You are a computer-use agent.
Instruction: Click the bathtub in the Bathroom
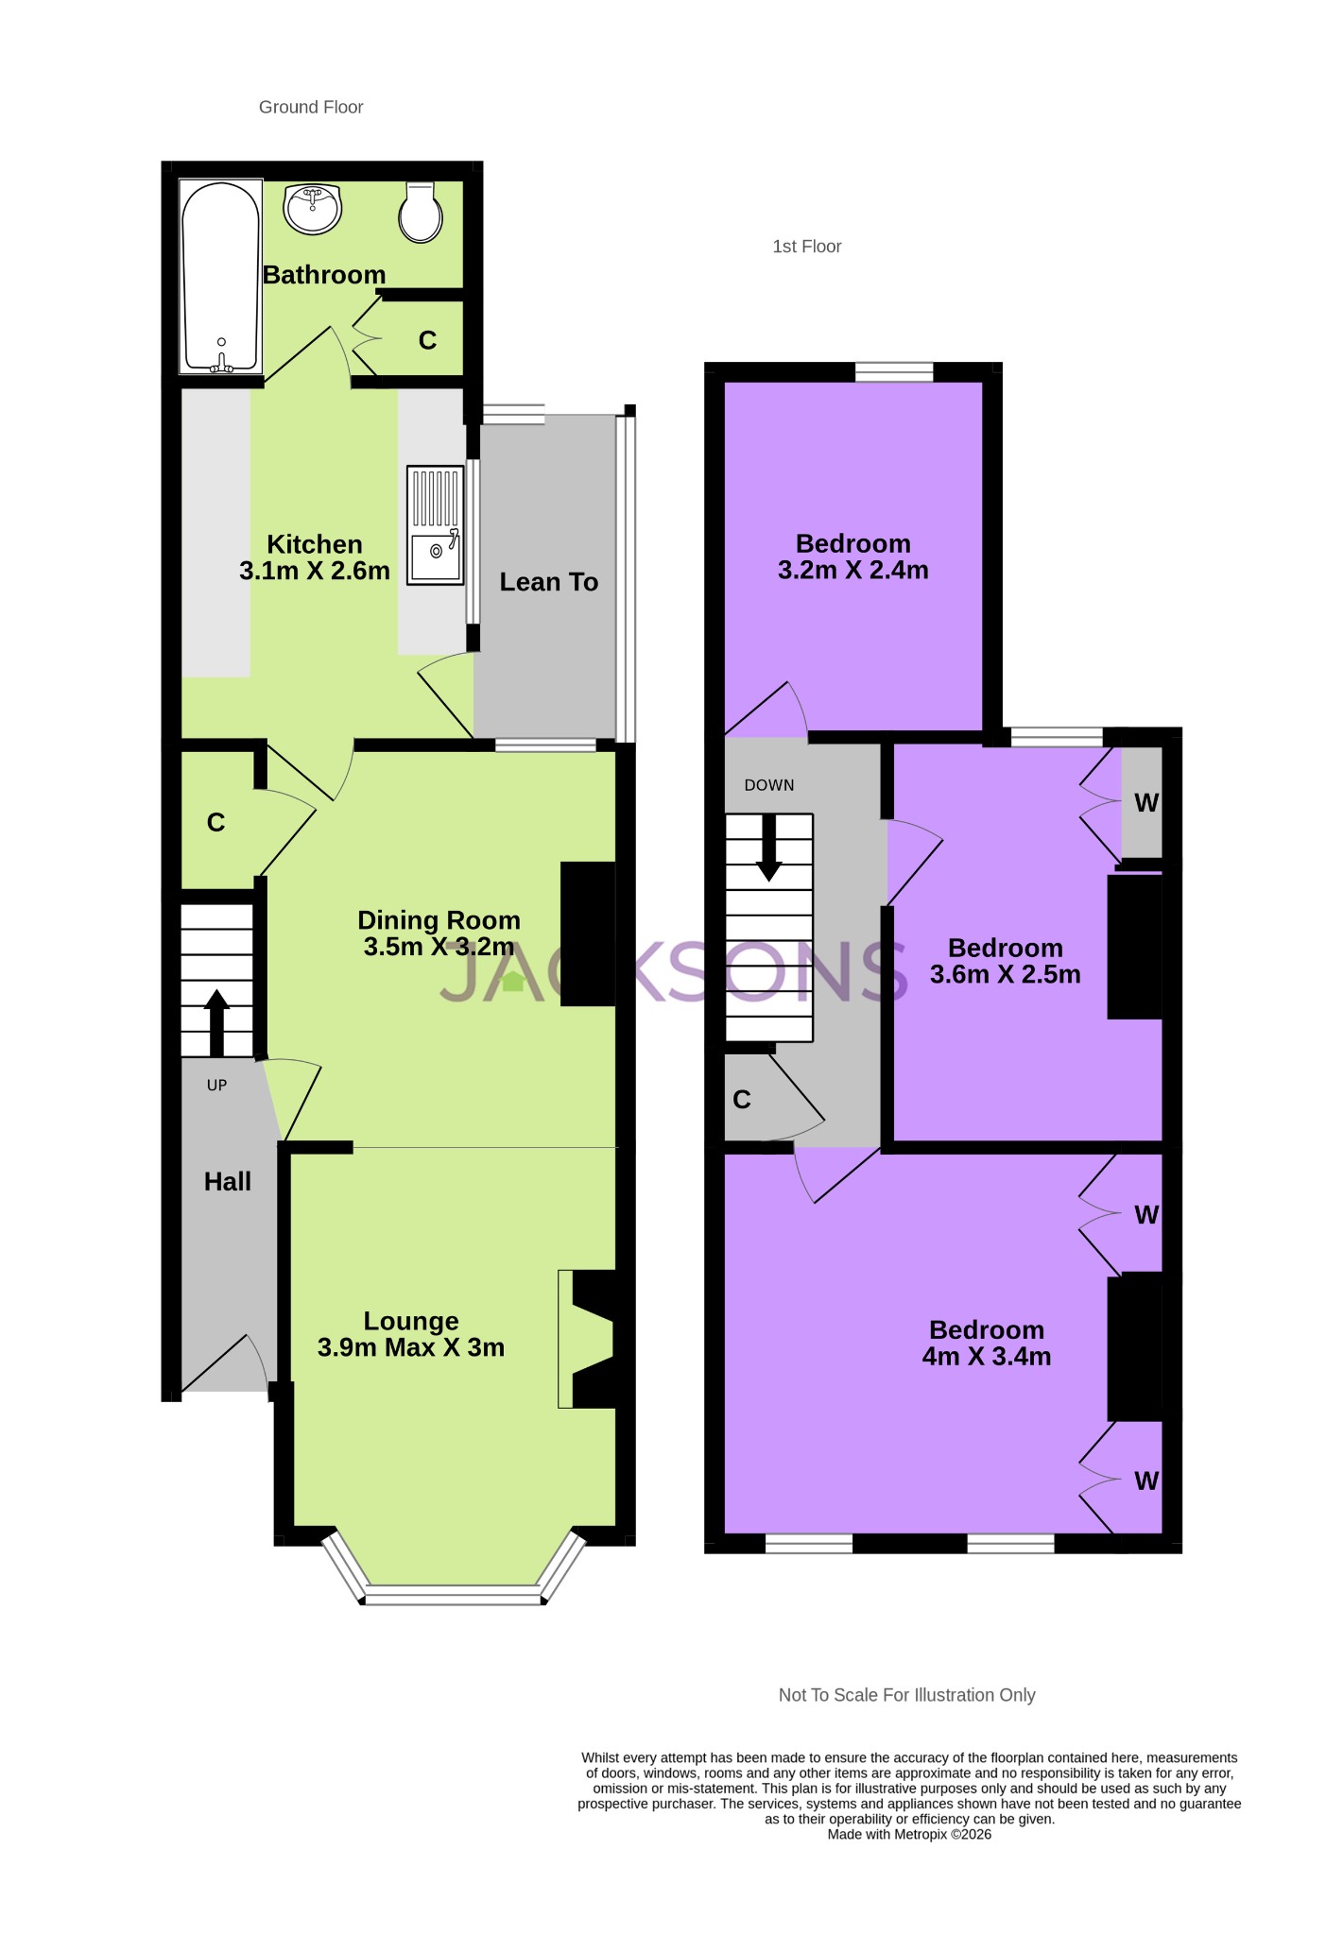pos(220,277)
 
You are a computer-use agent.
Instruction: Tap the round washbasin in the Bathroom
pos(313,209)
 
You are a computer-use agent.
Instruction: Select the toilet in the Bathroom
pos(420,213)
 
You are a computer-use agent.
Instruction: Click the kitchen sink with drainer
pos(436,524)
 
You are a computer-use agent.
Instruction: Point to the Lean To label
pos(548,582)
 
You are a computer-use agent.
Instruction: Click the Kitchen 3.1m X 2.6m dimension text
pos(315,571)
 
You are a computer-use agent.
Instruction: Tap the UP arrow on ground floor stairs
pos(216,1021)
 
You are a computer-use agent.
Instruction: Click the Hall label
pos(228,1181)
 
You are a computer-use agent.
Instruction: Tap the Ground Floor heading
pos(311,108)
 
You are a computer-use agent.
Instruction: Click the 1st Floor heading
pos(806,247)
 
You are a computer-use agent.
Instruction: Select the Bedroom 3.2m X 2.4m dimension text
pos(852,571)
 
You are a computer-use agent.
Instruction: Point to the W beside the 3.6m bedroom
pos(1145,803)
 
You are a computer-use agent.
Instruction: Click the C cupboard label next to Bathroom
pos(427,340)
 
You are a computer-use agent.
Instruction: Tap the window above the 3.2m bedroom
pos(894,372)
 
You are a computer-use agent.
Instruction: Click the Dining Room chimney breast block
pos(588,933)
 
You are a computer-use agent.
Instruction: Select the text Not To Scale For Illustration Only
pos(906,1695)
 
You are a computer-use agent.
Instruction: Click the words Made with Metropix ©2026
pos(909,1834)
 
